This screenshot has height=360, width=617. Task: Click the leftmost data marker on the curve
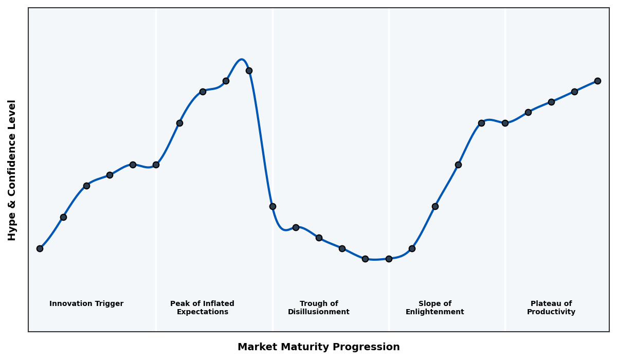coord(40,248)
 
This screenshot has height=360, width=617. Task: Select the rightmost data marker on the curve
coord(597,81)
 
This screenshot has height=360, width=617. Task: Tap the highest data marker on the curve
coord(249,70)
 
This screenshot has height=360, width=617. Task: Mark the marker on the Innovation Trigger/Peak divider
coord(156,165)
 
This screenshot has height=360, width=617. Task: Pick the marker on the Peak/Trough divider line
coord(273,206)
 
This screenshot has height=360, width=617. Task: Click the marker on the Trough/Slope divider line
coord(389,259)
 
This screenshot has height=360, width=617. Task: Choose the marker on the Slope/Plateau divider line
coord(505,123)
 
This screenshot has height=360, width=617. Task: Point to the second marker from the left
coord(63,217)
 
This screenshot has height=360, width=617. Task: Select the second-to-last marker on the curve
coord(574,92)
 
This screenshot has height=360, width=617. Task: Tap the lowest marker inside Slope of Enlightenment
coord(412,248)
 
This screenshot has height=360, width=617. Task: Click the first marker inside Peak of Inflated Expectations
coord(179,123)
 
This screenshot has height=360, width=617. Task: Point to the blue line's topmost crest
coord(242,60)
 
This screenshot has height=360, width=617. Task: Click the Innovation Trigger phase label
coord(86,304)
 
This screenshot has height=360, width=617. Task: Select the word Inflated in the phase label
coord(217,304)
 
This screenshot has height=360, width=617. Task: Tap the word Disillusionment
coord(319,312)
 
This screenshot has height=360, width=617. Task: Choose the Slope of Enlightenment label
coord(435,308)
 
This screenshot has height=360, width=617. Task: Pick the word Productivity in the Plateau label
coord(551,312)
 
